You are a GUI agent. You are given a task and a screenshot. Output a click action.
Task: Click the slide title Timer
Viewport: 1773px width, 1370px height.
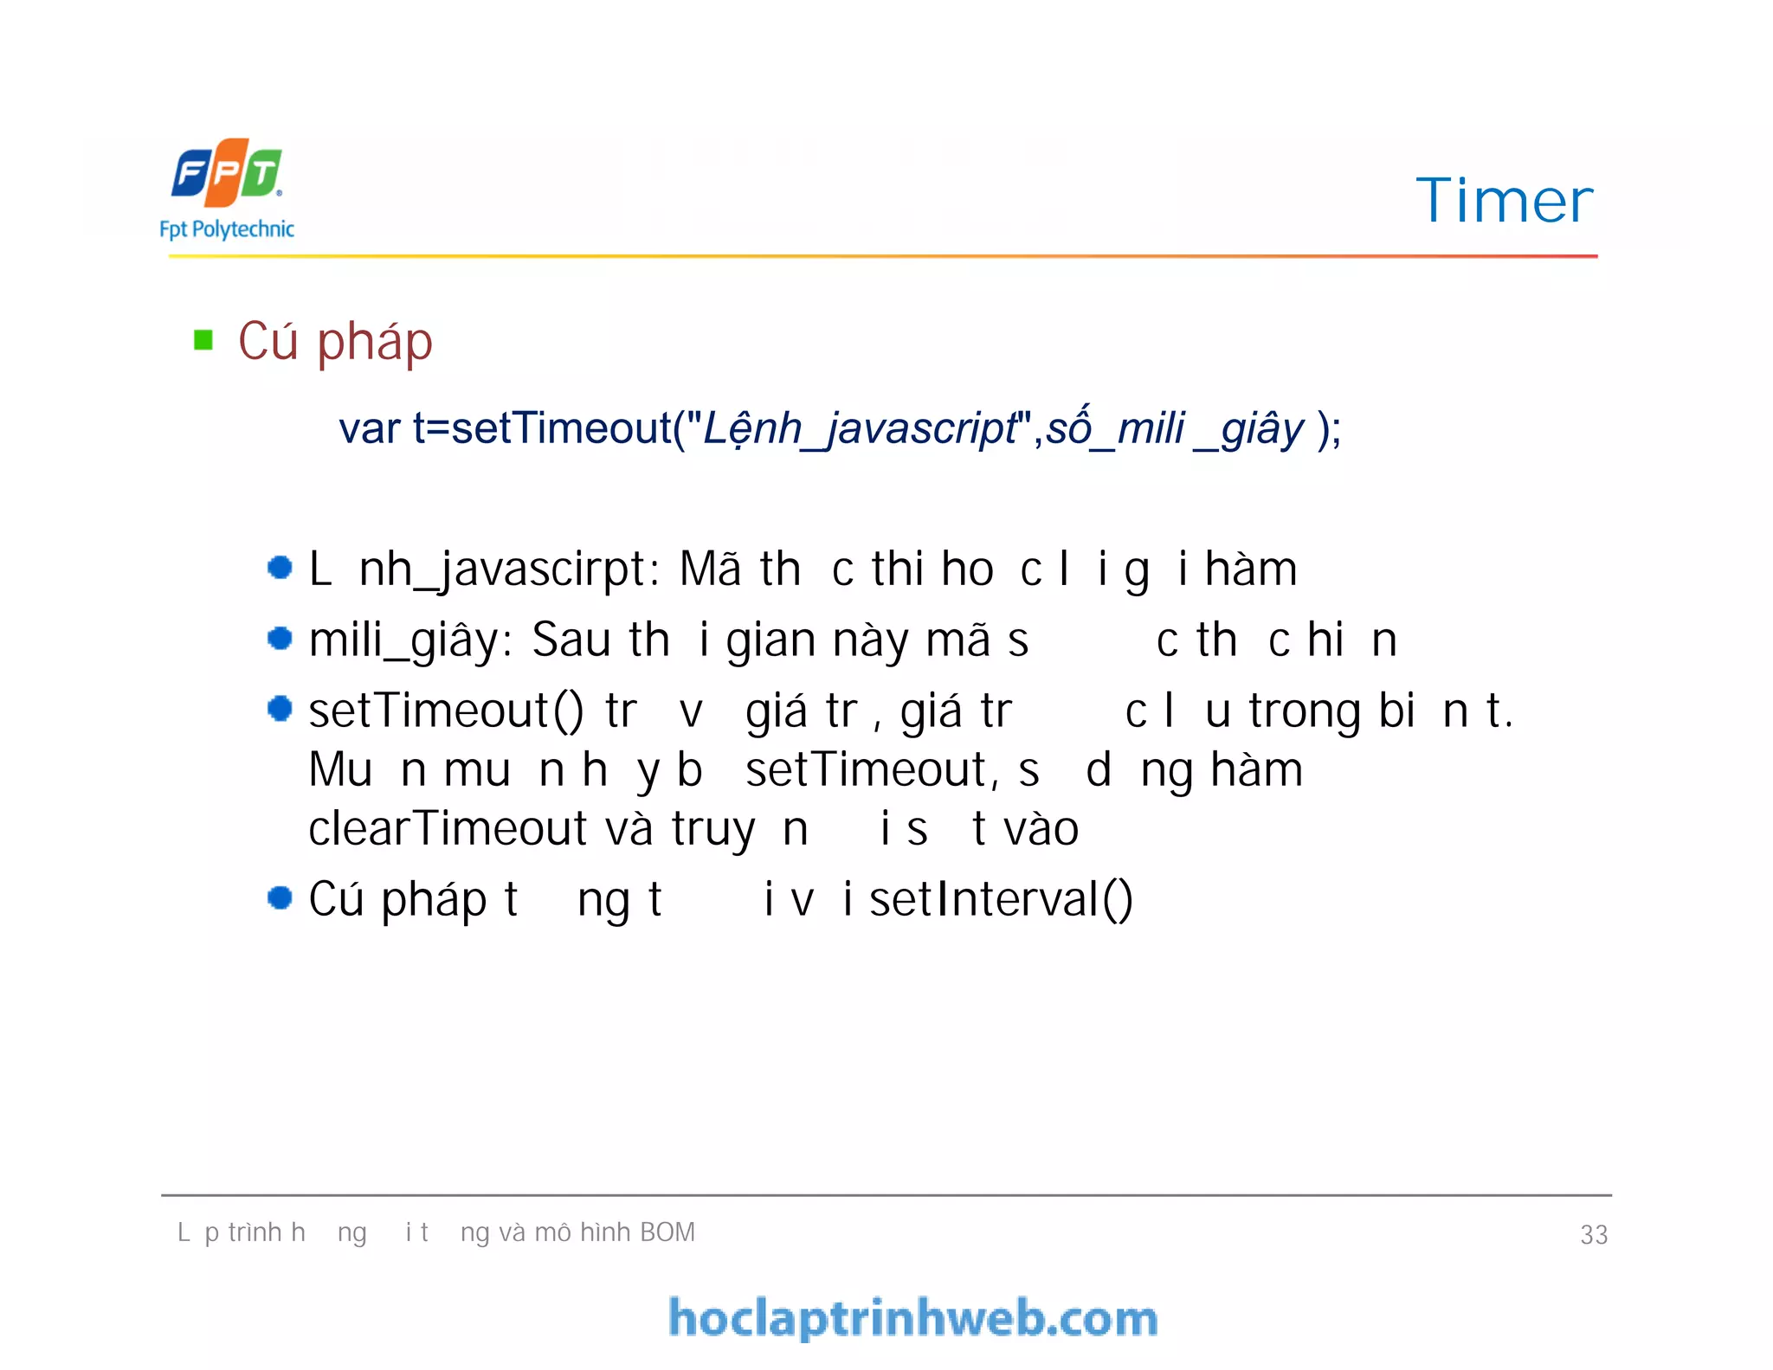coord(1504,201)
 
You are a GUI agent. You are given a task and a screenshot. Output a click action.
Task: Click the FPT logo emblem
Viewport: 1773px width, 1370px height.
coord(227,172)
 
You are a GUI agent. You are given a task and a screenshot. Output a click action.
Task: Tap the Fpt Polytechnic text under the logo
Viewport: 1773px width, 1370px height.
coord(227,229)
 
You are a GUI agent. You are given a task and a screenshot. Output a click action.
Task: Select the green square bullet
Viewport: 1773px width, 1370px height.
coord(203,340)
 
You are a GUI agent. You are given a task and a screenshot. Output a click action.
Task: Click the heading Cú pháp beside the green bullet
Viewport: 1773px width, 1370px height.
coord(335,342)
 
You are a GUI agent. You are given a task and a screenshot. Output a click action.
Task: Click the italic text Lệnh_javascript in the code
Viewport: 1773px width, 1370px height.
coord(860,428)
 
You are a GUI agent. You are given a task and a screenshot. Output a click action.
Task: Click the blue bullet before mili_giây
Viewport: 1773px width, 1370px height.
coord(280,639)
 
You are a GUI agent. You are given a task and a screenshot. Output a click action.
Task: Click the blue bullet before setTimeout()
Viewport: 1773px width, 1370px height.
coord(280,709)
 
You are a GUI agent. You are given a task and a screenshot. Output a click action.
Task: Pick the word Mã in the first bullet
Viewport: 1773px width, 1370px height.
coord(710,569)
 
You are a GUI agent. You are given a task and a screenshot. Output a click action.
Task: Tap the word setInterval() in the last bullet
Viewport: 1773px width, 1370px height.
coord(1001,899)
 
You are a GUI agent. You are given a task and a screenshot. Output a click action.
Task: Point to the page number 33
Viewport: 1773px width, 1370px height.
coord(1594,1234)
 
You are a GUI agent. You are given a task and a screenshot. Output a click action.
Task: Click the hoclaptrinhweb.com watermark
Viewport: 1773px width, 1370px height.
coord(913,1318)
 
